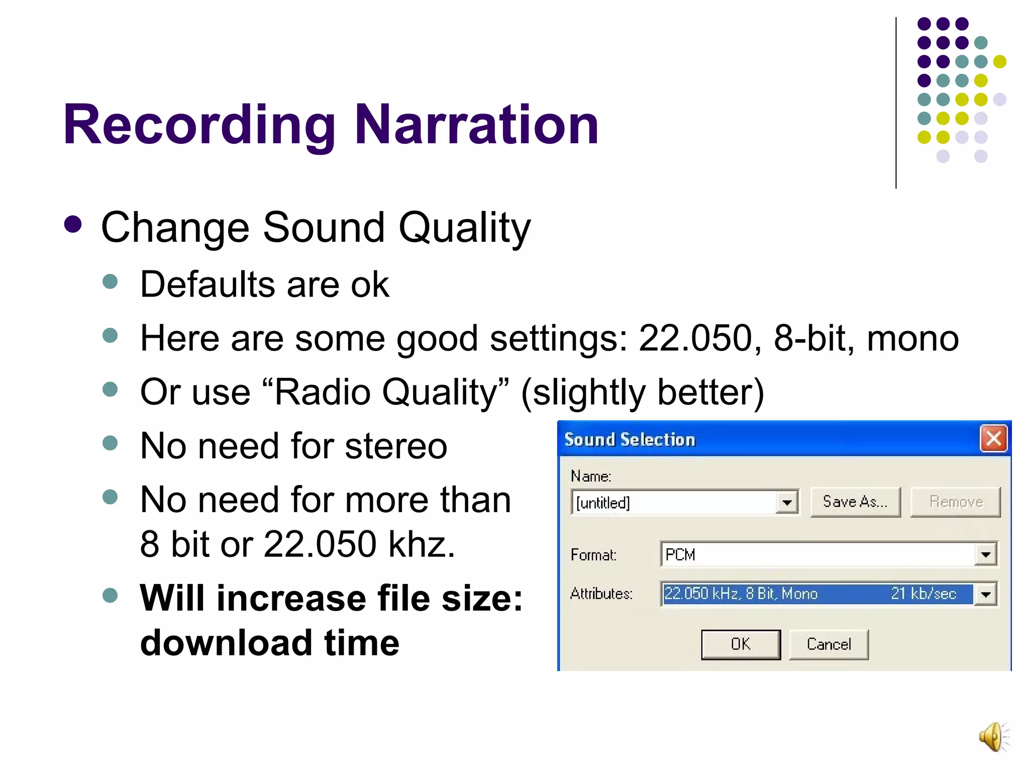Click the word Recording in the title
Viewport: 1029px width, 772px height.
pos(199,125)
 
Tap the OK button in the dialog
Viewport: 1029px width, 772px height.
pos(741,644)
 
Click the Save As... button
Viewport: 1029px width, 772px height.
pos(855,502)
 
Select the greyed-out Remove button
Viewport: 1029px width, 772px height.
pos(956,502)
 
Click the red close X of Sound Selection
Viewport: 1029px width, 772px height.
pos(994,439)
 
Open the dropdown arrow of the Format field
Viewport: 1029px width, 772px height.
pos(986,555)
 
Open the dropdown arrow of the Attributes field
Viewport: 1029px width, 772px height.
pos(986,595)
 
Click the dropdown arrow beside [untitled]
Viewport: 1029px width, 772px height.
pos(787,502)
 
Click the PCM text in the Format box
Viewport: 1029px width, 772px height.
pos(680,555)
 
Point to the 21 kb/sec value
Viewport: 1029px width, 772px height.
pos(923,594)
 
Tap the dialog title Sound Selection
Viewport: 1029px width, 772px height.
pos(630,440)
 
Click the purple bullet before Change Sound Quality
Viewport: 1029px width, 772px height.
pos(73,225)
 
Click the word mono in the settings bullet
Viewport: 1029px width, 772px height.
pos(912,338)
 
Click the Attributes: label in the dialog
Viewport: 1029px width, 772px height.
pos(601,594)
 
